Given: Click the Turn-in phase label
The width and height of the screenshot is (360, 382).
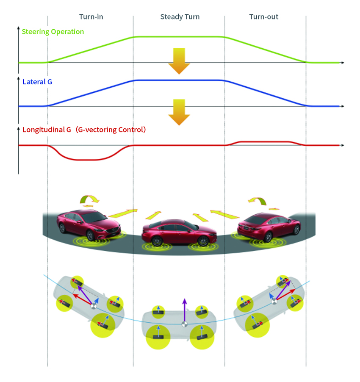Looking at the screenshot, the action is [x=91, y=17].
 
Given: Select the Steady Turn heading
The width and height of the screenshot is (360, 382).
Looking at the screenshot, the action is [x=180, y=17].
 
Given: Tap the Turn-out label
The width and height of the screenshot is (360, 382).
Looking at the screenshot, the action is [x=264, y=17].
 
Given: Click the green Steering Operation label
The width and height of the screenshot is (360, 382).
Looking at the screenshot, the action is [x=53, y=32].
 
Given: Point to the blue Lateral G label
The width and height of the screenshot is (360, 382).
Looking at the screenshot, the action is [x=37, y=82].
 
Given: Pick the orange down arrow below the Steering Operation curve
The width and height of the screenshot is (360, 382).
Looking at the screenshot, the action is [x=179, y=61].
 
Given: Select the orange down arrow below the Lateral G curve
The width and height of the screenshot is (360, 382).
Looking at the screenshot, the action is [x=179, y=112].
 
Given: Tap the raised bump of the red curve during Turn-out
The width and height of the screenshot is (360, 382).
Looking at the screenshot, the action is [x=264, y=141].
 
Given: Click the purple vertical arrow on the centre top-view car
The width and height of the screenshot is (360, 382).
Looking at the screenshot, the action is [x=185, y=310].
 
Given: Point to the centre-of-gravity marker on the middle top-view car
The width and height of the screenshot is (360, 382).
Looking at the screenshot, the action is [x=185, y=324].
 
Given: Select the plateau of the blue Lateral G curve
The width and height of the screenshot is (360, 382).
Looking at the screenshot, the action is [x=179, y=80].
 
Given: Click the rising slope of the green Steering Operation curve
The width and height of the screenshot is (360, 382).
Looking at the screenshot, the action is [x=90, y=50].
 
